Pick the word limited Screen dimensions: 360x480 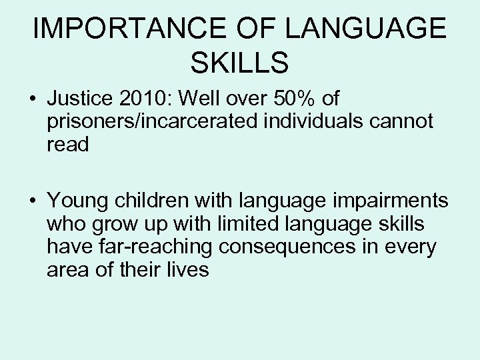pos(226,224)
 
